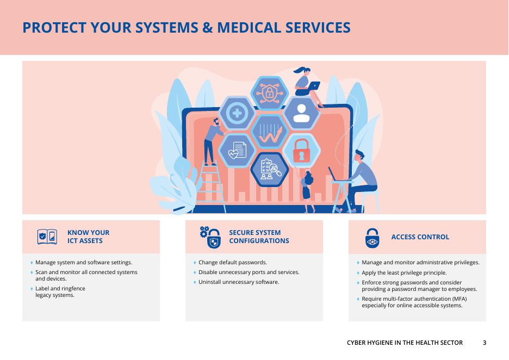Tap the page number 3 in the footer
(485, 343)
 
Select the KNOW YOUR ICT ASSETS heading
(88, 237)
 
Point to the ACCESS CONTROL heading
(420, 237)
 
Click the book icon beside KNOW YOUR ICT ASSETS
(47, 237)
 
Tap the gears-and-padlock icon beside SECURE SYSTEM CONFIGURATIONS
(210, 237)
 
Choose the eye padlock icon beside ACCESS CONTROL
(372, 238)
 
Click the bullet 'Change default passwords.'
(232, 263)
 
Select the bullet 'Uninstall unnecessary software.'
(238, 282)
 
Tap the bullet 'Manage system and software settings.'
(84, 263)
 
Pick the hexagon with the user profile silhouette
(301, 113)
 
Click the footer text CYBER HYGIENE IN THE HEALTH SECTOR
(405, 343)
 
